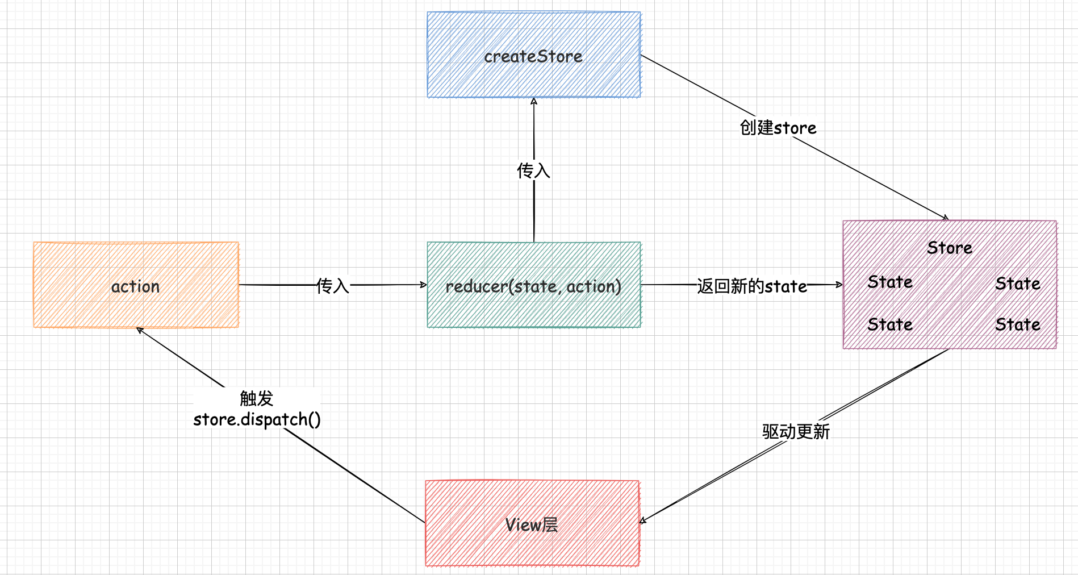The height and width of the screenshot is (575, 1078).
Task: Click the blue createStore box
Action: tap(533, 55)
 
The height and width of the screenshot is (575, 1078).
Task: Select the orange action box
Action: tap(136, 285)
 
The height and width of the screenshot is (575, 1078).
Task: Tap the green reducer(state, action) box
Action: tap(533, 285)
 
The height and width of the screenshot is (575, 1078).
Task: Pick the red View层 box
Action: tap(532, 523)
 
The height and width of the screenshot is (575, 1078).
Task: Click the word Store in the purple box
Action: tap(950, 248)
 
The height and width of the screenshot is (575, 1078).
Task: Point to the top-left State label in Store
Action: tap(890, 282)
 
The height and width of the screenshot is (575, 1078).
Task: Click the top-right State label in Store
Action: tap(1018, 284)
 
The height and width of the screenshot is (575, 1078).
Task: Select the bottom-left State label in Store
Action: tap(890, 324)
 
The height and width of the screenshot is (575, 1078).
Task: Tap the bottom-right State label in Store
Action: tap(1018, 324)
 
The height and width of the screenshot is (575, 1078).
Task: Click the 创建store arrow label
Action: tap(778, 128)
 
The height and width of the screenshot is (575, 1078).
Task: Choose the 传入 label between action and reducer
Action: tap(333, 285)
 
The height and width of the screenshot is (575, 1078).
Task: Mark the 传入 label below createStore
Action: tap(533, 170)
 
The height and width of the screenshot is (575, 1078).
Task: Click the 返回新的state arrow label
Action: tap(752, 286)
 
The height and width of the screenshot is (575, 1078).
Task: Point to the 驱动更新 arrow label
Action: tap(796, 431)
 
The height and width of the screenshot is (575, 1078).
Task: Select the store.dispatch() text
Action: tap(257, 419)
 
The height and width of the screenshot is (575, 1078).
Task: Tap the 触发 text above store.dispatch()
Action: tap(257, 398)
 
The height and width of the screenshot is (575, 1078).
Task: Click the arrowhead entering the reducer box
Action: tap(424, 285)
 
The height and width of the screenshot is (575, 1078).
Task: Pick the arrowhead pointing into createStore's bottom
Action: tap(534, 101)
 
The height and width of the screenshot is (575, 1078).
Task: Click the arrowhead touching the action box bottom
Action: tap(139, 330)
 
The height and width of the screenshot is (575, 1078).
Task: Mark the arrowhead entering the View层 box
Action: tap(642, 520)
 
